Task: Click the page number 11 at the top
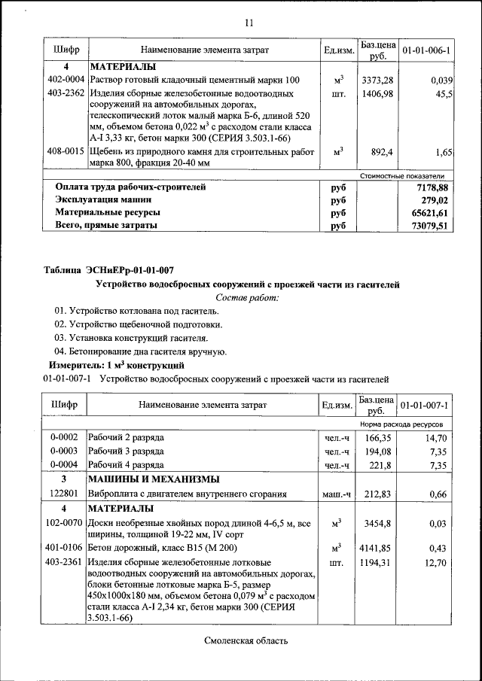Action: point(249,23)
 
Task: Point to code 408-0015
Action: point(65,152)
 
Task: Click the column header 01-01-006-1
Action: point(426,50)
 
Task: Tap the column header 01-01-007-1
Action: point(426,406)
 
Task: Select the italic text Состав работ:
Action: point(247,298)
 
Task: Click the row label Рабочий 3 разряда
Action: point(126,451)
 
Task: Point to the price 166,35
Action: point(378,437)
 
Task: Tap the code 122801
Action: point(64,494)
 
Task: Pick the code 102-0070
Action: point(64,522)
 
